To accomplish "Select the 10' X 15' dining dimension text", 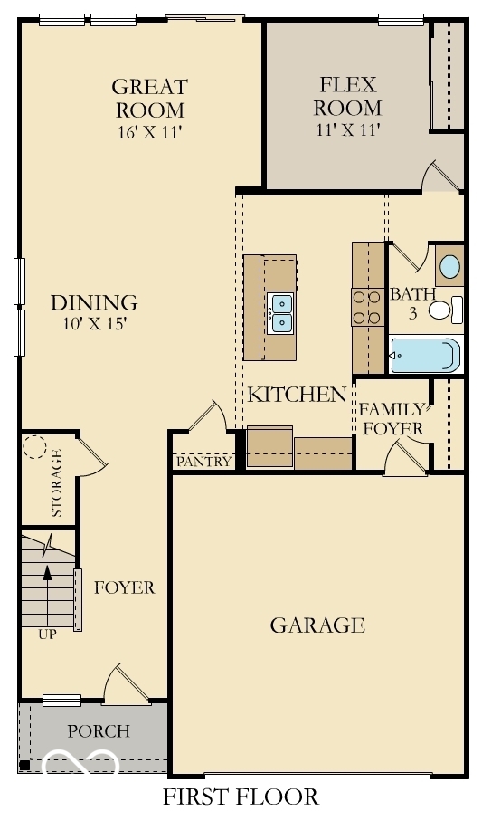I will (94, 324).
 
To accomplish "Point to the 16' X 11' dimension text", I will (149, 131).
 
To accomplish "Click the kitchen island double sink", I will (280, 312).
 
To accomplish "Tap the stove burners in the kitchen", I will (366, 306).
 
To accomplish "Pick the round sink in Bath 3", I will (449, 267).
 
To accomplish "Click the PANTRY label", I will (203, 463).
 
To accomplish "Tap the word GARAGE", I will (317, 625).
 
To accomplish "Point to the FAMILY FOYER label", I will (392, 418).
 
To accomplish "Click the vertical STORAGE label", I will (58, 483).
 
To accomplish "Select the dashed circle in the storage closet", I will (35, 448).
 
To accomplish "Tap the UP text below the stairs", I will (47, 634).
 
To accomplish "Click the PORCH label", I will (99, 731).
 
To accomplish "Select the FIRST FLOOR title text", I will (241, 797).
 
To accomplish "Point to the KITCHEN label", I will (298, 395).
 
